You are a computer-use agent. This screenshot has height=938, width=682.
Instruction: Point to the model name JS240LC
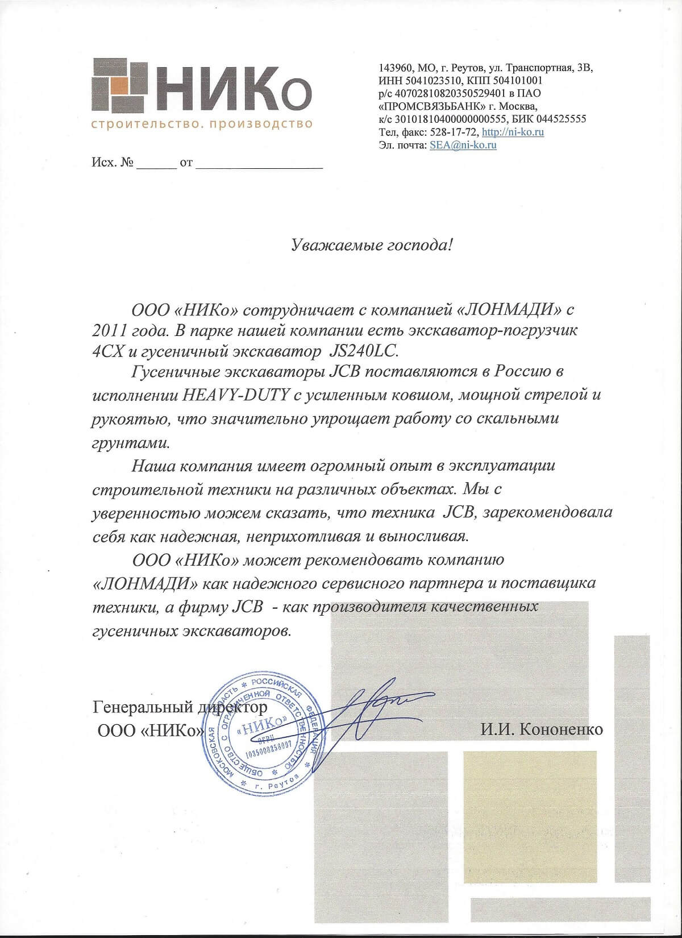pyautogui.click(x=364, y=351)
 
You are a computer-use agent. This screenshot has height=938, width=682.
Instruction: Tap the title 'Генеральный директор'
pyautogui.click(x=178, y=708)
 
